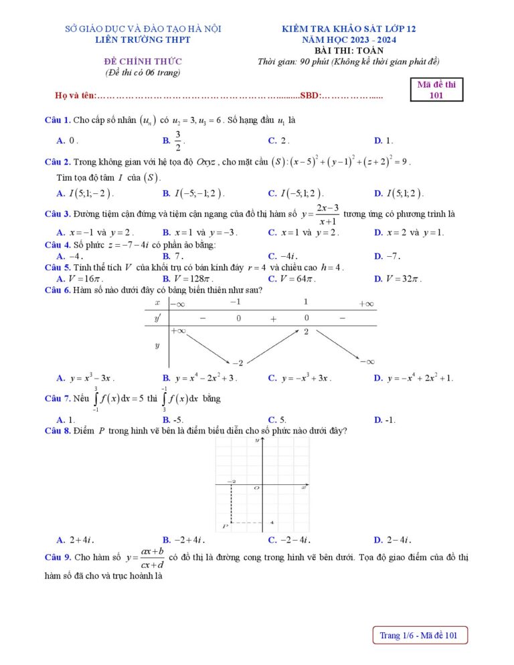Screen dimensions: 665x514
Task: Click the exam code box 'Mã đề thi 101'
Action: point(436,89)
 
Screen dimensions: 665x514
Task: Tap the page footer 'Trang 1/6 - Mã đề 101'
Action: point(420,636)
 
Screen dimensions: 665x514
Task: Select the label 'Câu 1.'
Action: point(58,120)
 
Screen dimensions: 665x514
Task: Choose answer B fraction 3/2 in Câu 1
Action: point(178,141)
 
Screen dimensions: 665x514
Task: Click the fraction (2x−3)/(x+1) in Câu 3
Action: point(327,214)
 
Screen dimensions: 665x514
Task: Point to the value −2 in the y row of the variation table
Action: point(238,363)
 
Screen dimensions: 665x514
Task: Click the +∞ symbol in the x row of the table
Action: point(365,304)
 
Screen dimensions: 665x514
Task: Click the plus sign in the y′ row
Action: point(273,319)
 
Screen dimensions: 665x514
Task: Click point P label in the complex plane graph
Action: point(225,527)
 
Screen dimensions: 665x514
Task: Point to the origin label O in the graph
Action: point(256,488)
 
